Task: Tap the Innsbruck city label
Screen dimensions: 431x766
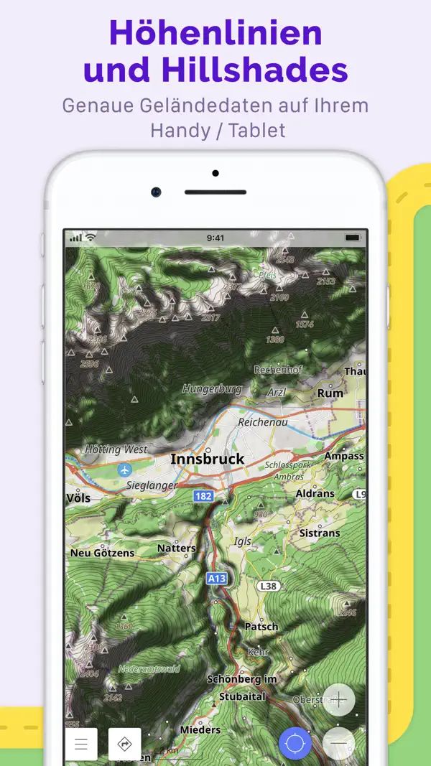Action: tap(207, 459)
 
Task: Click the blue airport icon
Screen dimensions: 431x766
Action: tap(125, 470)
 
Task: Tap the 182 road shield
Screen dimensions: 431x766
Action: tap(204, 496)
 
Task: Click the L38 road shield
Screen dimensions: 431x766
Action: tap(268, 586)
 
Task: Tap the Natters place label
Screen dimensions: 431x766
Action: tap(176, 548)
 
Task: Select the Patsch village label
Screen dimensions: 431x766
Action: tap(261, 626)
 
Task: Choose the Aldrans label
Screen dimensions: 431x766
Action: tap(315, 495)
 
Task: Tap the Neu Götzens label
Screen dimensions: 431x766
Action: tap(102, 553)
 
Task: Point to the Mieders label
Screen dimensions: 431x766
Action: tap(200, 729)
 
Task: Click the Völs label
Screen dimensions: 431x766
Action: tap(78, 498)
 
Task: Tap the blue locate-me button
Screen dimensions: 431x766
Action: tap(295, 744)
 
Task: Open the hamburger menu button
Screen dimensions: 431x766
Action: tap(81, 744)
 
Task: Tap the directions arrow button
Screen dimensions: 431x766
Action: tap(125, 744)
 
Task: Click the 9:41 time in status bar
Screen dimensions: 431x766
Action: tap(215, 238)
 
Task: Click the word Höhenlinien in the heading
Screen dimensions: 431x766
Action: tap(215, 34)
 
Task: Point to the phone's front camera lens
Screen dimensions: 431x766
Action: tap(156, 192)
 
